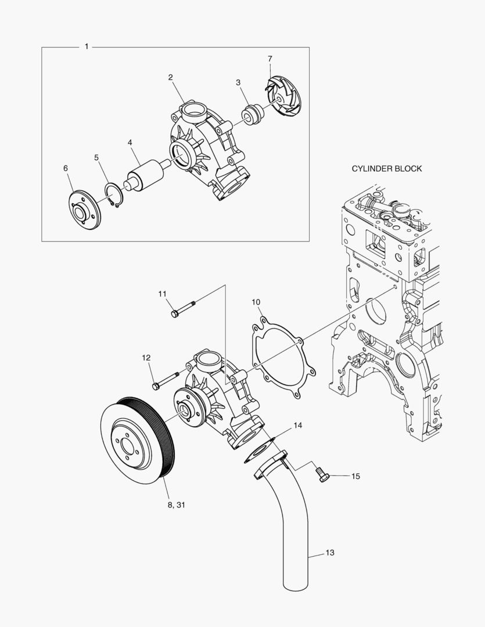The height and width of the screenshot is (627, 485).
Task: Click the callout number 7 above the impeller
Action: point(270,59)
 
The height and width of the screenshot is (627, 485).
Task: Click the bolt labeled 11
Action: point(184,307)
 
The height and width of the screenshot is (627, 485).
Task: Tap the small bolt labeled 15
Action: point(322,474)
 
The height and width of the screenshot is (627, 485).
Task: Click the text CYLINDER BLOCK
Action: point(387,168)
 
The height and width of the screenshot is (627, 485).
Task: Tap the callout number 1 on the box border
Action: point(87,46)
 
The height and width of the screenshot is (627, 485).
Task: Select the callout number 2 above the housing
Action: point(171,77)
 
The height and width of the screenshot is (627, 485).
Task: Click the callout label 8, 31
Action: point(176,505)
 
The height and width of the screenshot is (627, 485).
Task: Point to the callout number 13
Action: point(329,553)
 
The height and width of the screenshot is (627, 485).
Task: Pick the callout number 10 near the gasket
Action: point(256,302)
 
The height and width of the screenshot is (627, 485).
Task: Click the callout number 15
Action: point(355,476)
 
